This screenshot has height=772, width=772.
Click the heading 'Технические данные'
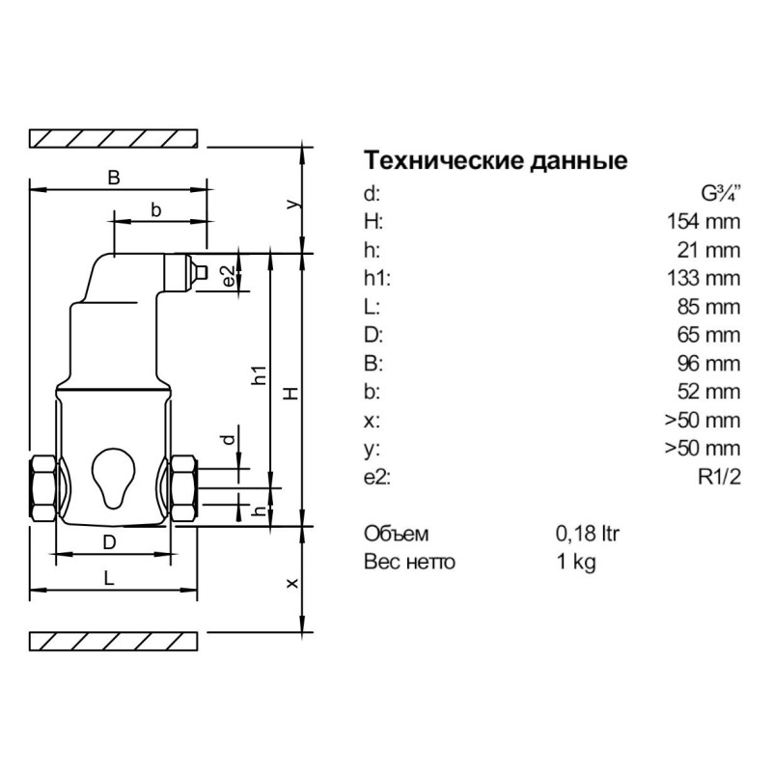[494, 160]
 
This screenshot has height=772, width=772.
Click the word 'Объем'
[396, 534]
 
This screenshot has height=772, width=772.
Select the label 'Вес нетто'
[409, 562]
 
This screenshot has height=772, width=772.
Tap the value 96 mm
[708, 364]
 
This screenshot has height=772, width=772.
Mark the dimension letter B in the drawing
[114, 178]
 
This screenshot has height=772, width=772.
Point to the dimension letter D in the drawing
[110, 543]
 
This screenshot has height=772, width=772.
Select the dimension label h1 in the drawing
[258, 375]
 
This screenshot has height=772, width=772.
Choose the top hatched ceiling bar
[115, 138]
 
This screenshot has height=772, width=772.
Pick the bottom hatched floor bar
[115, 641]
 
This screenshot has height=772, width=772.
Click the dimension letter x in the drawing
[292, 582]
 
